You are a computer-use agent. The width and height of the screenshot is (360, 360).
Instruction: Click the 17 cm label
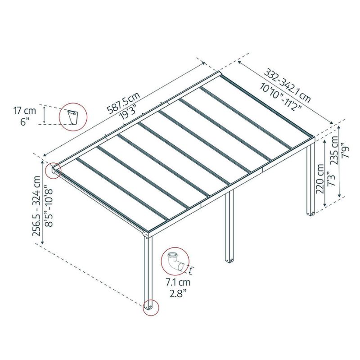(25, 111)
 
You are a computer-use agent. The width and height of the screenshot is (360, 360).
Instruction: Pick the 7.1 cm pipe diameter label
(178, 282)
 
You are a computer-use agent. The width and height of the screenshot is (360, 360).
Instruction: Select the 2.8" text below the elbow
(178, 294)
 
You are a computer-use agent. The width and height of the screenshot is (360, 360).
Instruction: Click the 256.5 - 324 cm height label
(37, 206)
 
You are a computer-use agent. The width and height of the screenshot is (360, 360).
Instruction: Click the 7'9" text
(345, 150)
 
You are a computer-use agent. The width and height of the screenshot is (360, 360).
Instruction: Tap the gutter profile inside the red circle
(73, 117)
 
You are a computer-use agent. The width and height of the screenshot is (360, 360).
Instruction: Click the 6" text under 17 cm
(24, 121)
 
